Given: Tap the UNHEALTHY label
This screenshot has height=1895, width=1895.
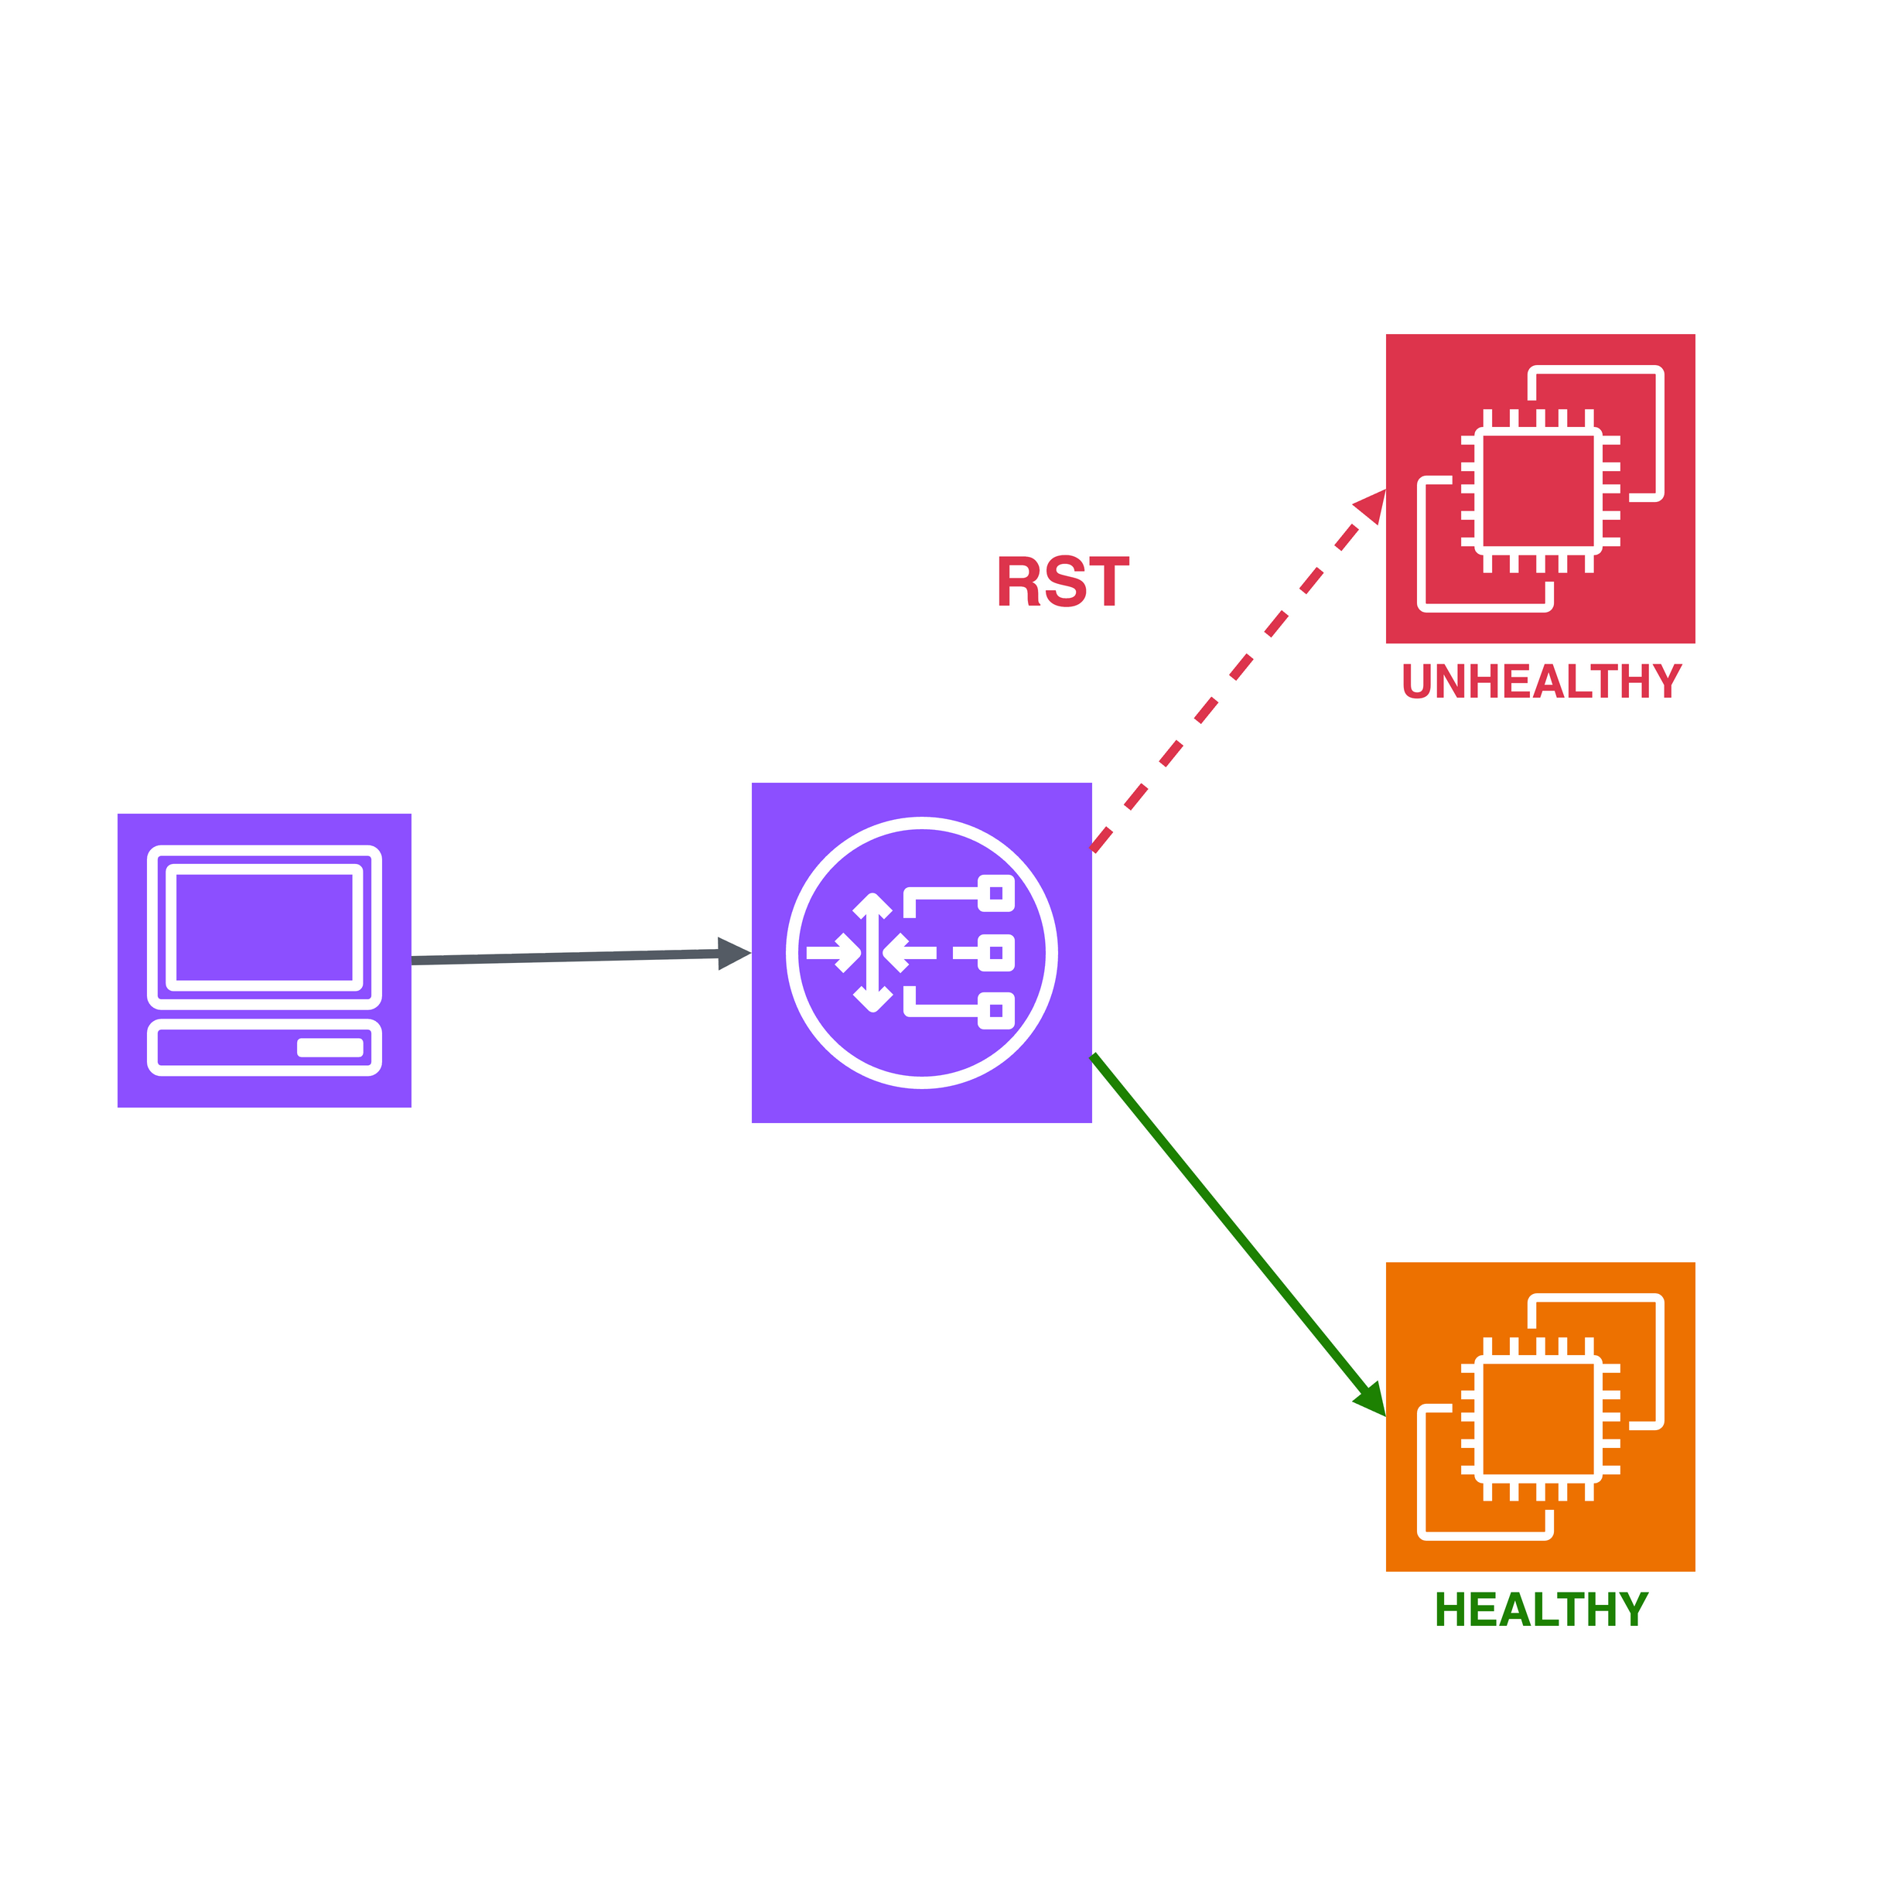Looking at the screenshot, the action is coord(1542,681).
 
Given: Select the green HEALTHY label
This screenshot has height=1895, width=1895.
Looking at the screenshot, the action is coord(1541,1610).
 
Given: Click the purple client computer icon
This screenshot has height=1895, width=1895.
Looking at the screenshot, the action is coord(264,960).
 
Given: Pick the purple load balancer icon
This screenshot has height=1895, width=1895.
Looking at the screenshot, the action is coord(921,952).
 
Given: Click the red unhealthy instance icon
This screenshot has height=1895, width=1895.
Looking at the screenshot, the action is coord(1540,489).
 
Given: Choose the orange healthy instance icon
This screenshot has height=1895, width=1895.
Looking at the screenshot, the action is coord(1540,1416).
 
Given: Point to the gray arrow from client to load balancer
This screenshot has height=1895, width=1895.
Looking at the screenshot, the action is coord(581,956).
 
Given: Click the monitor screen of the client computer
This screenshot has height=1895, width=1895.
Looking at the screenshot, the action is coord(264,927).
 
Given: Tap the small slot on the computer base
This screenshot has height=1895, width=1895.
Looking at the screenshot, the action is coord(329,1047).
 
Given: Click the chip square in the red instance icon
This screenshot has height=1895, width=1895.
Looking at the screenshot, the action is coord(1538,490).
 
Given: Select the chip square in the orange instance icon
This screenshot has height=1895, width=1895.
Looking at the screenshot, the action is coord(1538,1419).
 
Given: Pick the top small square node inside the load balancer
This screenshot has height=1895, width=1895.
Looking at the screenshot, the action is coord(995,893).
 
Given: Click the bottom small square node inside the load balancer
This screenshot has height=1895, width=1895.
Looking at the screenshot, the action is coord(995,1010).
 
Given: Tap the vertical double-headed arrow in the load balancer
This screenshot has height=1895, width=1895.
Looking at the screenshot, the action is coord(872,952).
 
